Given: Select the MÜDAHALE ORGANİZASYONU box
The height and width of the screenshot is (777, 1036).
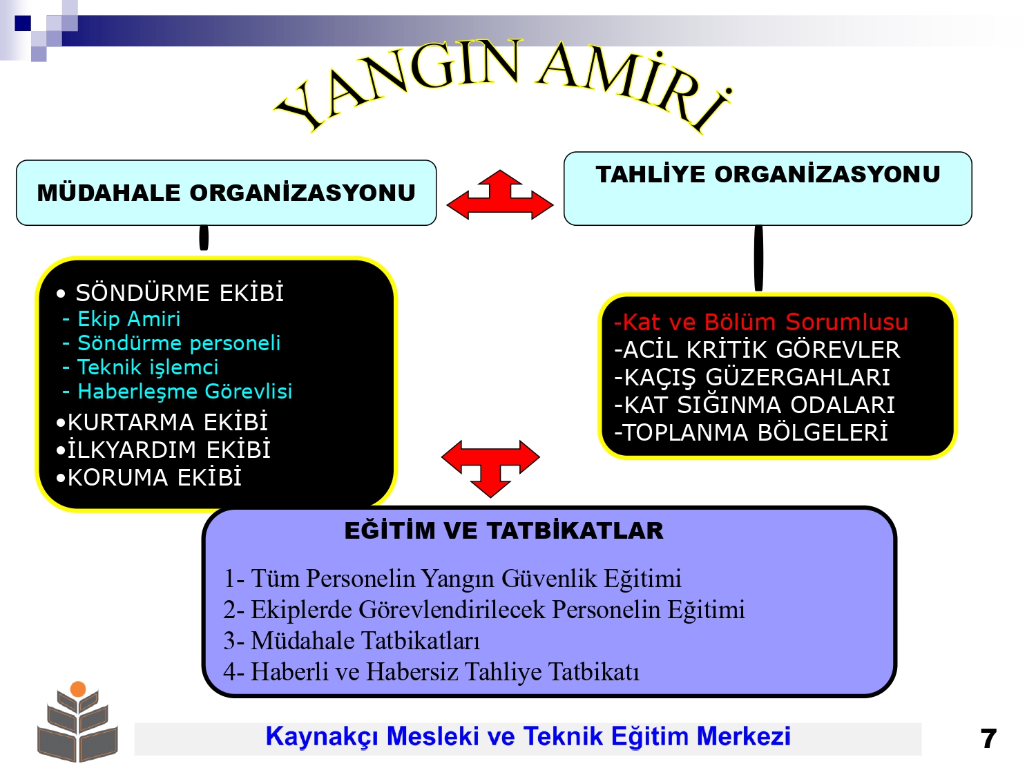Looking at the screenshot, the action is [226, 193].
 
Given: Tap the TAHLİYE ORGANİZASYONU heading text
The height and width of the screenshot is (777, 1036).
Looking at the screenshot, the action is [768, 174].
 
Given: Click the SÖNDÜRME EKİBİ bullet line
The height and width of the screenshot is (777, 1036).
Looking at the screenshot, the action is [170, 293].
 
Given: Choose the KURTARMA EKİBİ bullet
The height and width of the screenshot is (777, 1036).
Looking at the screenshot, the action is [162, 422].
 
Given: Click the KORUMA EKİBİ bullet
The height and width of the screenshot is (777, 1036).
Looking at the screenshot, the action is [148, 477].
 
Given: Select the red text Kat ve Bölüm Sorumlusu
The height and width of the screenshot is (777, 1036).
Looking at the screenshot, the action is [761, 323].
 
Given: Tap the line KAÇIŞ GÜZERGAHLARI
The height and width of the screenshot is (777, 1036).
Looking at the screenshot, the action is [752, 377].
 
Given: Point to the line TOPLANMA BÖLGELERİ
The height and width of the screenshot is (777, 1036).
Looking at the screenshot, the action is [751, 432].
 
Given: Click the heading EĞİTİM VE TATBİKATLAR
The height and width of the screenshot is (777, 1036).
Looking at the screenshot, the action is [504, 530].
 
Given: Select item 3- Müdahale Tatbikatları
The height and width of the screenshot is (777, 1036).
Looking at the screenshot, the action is [352, 641].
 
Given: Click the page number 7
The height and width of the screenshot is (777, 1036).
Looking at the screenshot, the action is [988, 739].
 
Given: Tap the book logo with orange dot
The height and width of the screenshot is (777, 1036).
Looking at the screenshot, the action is [77, 721].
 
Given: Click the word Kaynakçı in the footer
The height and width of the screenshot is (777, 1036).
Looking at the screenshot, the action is [322, 737].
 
